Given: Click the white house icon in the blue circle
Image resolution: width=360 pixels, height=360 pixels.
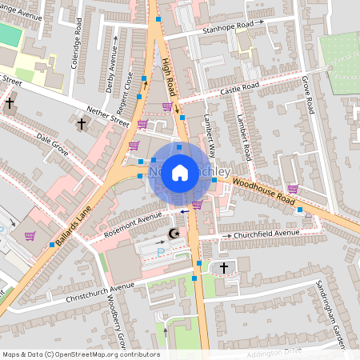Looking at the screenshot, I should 180,172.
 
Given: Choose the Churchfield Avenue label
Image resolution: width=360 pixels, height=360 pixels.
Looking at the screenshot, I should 266,234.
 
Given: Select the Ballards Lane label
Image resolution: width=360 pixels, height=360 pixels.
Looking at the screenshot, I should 76,214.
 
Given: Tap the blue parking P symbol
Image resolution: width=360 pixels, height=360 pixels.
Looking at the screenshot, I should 161,251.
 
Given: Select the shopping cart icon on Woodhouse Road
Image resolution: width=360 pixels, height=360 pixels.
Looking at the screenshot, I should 293,189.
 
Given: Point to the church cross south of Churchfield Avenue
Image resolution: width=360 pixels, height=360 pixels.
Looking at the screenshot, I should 223,267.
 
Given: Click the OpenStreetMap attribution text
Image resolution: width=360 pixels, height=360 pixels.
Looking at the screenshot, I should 80,354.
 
